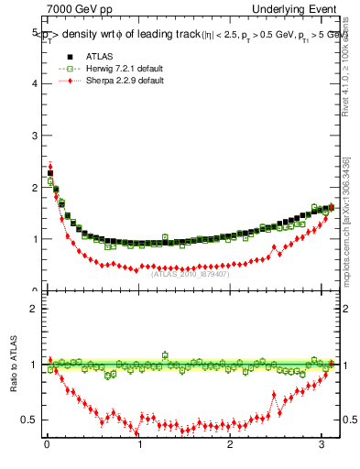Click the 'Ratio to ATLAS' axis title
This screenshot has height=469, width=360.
(12, 365)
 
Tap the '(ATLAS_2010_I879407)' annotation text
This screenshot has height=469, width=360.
(191, 273)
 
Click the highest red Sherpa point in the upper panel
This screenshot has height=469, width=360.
(49, 167)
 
